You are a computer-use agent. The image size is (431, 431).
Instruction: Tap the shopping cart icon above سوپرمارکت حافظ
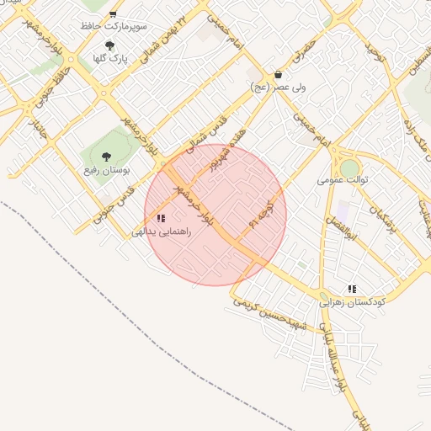pos(113,14)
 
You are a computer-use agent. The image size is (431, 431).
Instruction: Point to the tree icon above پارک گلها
pos(109,45)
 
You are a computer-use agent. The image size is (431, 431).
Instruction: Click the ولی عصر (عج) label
pos(279,86)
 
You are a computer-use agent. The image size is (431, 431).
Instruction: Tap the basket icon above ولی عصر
pos(279,74)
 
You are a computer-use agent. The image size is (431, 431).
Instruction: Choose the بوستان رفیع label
pos(107,171)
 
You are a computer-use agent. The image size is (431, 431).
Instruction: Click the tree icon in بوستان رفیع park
pos(107,157)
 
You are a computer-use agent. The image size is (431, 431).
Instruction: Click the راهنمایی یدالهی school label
pos(162,231)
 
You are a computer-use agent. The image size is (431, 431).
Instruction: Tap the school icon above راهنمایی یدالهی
pos(161,218)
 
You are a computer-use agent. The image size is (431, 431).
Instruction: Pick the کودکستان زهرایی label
pos(352,301)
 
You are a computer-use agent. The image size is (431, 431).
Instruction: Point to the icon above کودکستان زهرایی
pos(352,288)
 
